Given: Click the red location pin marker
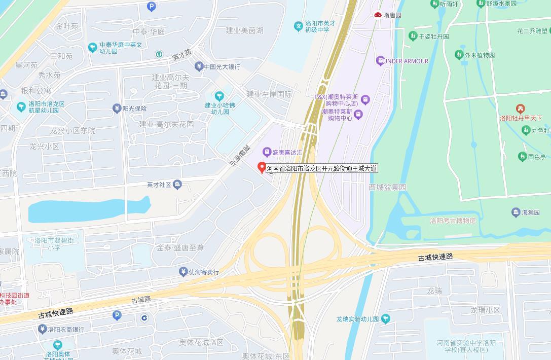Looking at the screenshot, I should pyautogui.click(x=262, y=167).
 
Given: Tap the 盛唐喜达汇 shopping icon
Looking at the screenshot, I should pyautogui.click(x=267, y=152).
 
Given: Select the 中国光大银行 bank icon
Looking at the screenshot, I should pyautogui.click(x=199, y=66).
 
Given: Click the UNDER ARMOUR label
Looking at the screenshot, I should pyautogui.click(x=406, y=61).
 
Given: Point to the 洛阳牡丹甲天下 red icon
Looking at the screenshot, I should pyautogui.click(x=520, y=109).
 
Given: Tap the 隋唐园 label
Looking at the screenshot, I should pyautogui.click(x=392, y=15).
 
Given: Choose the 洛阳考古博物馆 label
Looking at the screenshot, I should pyautogui.click(x=453, y=221).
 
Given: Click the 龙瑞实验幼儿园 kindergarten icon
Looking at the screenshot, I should pyautogui.click(x=386, y=319).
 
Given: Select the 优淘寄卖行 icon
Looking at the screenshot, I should pyautogui.click(x=183, y=272).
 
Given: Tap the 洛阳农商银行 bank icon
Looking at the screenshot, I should pyautogui.click(x=43, y=330).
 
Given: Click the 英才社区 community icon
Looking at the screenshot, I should pyautogui.click(x=177, y=185).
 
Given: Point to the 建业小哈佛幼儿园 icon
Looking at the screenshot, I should pyautogui.click(x=219, y=96).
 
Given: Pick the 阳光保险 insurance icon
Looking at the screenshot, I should pyautogui.click(x=117, y=109).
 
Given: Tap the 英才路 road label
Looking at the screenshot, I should pyautogui.click(x=182, y=55).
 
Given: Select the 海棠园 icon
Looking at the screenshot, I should pyautogui.click(x=516, y=212).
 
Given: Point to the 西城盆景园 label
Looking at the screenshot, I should pyautogui.click(x=387, y=187).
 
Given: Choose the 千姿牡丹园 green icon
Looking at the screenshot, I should pyautogui.click(x=413, y=36).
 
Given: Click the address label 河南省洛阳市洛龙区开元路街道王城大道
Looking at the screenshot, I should pyautogui.click(x=322, y=168).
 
